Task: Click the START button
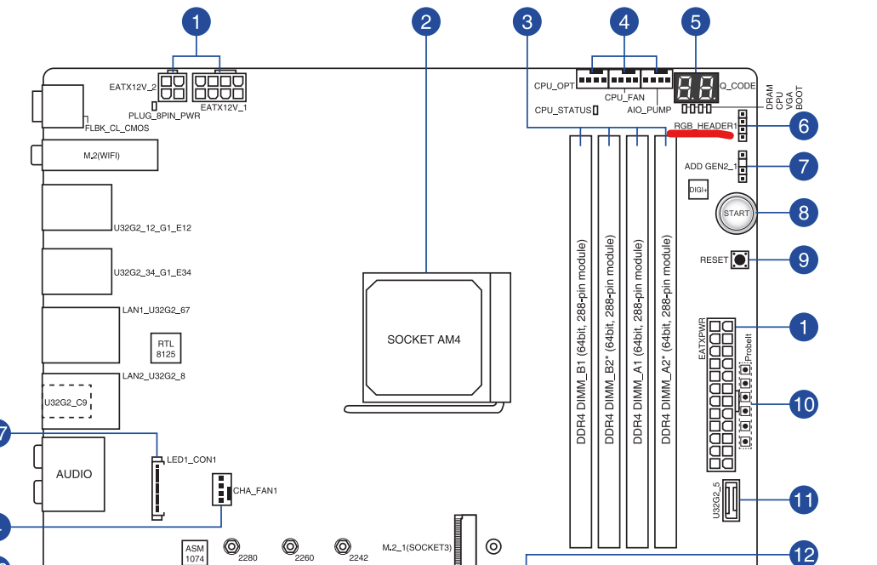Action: tap(737, 213)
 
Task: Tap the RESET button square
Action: tap(738, 260)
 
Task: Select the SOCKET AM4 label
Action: tap(423, 340)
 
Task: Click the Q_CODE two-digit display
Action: tap(696, 86)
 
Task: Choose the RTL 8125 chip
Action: tap(165, 348)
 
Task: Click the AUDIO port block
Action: tap(74, 474)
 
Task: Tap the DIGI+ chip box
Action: tap(698, 190)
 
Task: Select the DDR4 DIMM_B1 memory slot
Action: tap(581, 337)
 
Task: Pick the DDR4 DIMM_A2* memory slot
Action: tap(665, 337)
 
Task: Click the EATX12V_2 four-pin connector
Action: tap(173, 86)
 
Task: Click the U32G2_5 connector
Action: tap(732, 499)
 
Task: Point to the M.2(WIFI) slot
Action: tap(100, 155)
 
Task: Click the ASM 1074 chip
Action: tap(194, 554)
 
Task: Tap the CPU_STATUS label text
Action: tap(561, 110)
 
